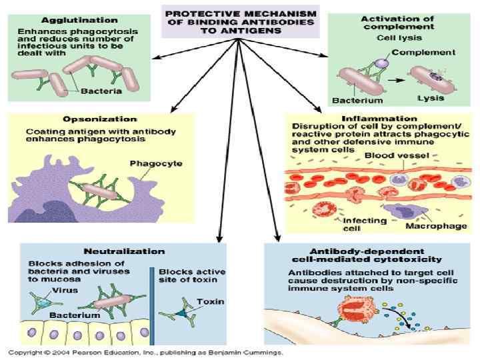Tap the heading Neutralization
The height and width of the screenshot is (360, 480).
[123, 251]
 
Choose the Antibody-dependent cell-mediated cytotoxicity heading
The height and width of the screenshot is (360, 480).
[366, 255]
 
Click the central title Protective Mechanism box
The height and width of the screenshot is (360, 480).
[239, 21]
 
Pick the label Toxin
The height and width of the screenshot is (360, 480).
[211, 301]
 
